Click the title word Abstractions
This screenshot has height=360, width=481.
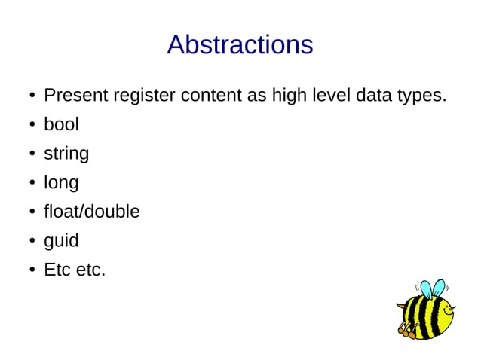pyautogui.click(x=240, y=45)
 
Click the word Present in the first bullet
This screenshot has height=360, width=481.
pyautogui.click(x=75, y=96)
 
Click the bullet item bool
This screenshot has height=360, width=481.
pyautogui.click(x=61, y=125)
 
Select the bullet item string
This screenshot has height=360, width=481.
pyautogui.click(x=66, y=154)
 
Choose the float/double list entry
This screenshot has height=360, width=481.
pyautogui.click(x=92, y=212)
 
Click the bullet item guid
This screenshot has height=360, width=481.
pyautogui.click(x=61, y=242)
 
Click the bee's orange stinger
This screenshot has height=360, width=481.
pyautogui.click(x=400, y=305)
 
